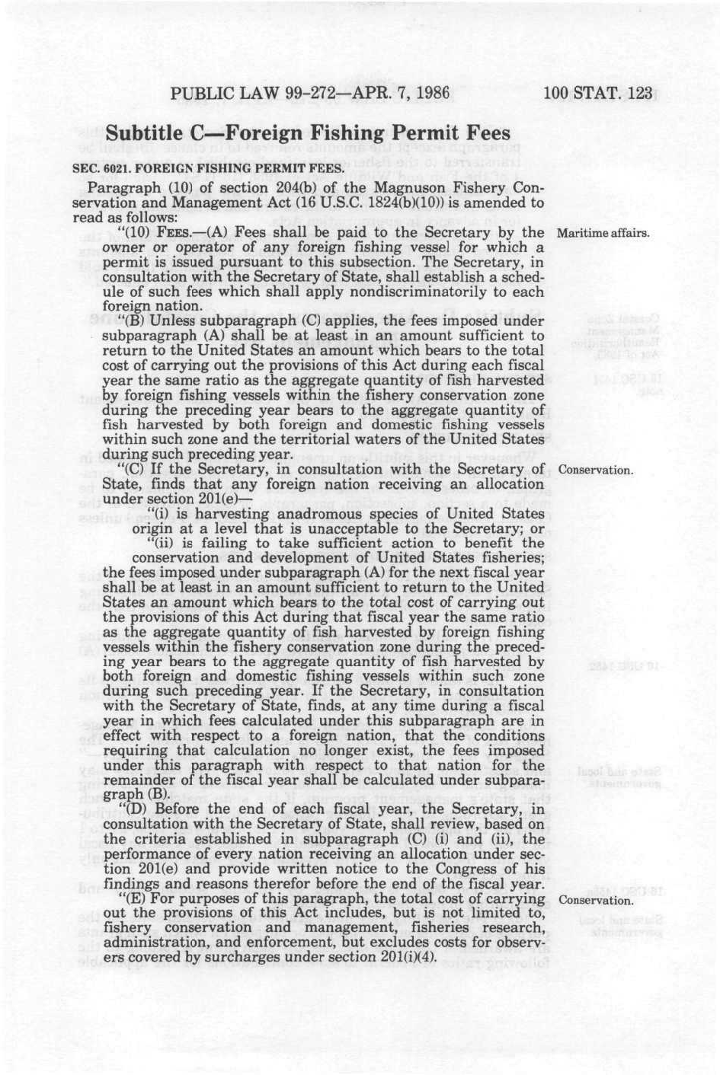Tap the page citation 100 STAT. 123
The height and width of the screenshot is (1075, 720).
(598, 94)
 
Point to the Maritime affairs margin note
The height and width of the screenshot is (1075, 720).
(603, 232)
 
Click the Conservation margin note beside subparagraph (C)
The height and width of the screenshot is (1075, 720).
(596, 470)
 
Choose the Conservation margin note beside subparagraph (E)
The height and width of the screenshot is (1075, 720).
(596, 900)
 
